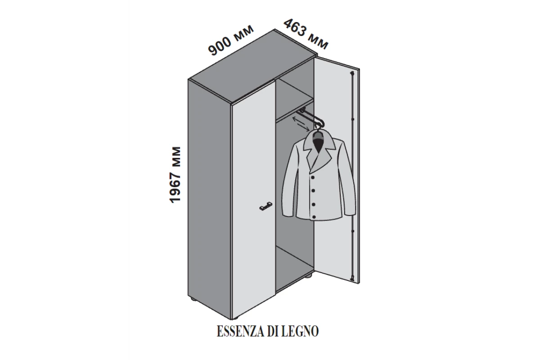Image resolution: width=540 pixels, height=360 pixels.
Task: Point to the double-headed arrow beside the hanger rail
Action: tap(299, 121)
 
